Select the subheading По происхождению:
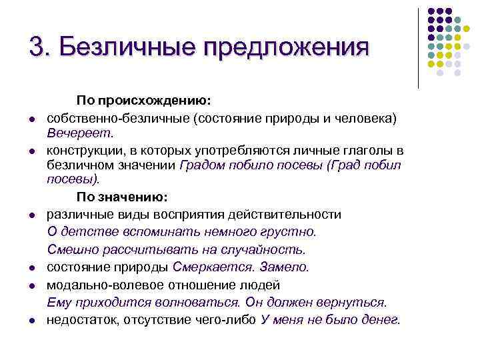pyautogui.click(x=144, y=101)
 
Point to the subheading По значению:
pyautogui.click(x=123, y=197)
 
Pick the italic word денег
pyautogui.click(x=382, y=319)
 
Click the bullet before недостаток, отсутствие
pyautogui.click(x=31, y=321)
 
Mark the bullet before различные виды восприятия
pyautogui.click(x=31, y=216)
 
